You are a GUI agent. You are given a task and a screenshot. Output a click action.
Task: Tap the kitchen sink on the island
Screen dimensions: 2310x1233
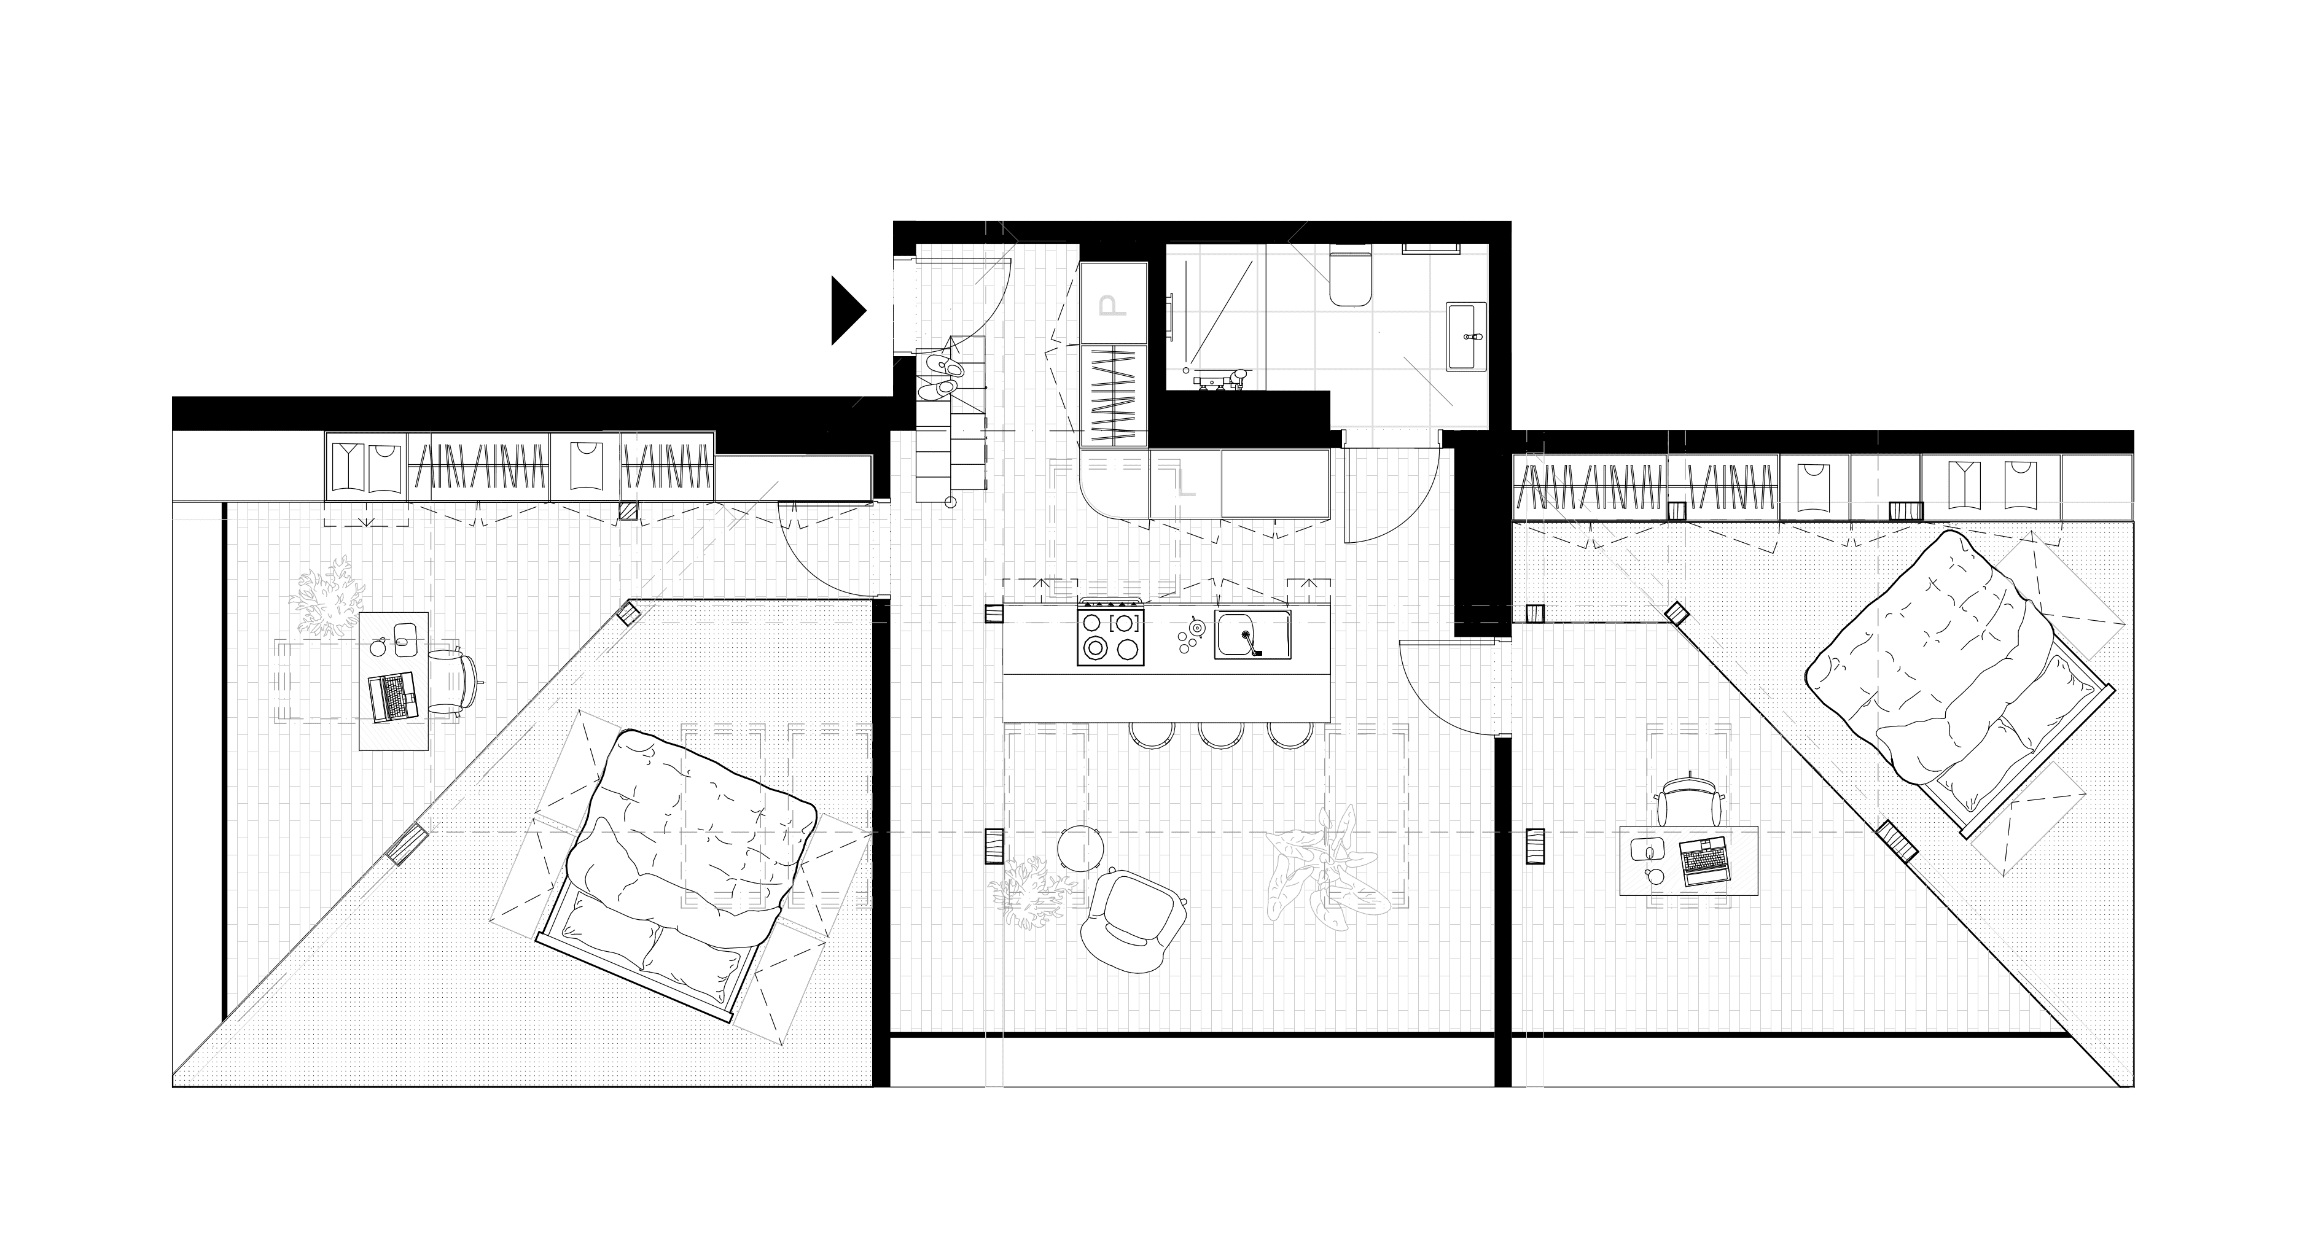pyautogui.click(x=1252, y=634)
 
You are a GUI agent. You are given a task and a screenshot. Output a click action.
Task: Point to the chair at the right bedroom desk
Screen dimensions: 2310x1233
pyautogui.click(x=1688, y=798)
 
